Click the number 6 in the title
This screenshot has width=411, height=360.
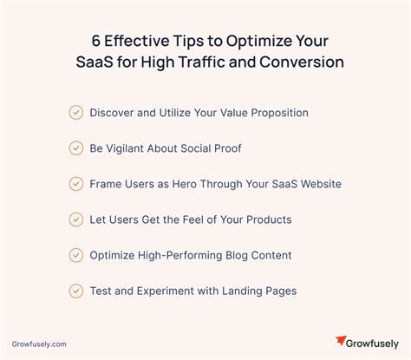96,41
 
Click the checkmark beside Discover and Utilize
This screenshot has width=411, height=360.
75,112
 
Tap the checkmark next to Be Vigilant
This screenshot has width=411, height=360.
75,147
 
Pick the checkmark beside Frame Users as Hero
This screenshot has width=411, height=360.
75,183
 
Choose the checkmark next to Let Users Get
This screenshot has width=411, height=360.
75,219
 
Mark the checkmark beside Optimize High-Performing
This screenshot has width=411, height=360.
75,254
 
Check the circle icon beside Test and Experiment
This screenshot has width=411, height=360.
75,290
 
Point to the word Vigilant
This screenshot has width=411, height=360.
132,148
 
